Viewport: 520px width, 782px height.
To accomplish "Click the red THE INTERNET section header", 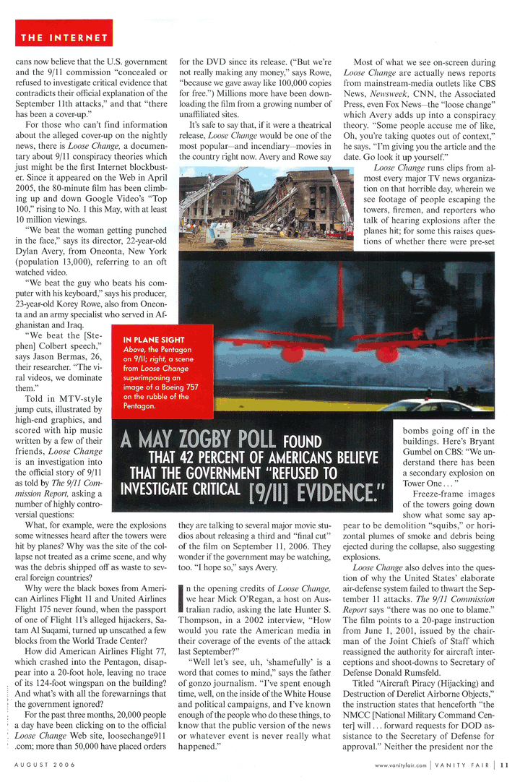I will click(64, 37).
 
